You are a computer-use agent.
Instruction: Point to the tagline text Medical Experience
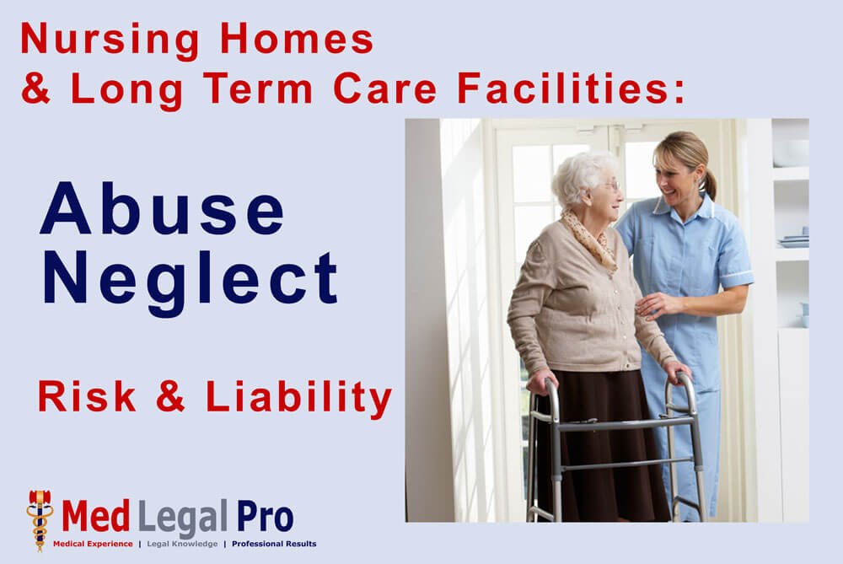[x=93, y=544]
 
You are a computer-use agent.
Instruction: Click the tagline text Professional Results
[x=274, y=544]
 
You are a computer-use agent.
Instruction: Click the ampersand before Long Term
[x=35, y=89]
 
